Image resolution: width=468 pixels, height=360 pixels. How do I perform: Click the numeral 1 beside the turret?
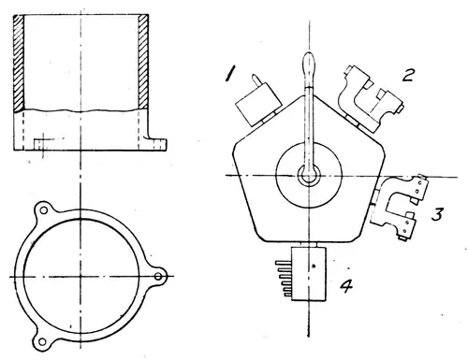pos(230,75)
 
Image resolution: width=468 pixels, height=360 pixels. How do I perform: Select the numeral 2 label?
pos(408,75)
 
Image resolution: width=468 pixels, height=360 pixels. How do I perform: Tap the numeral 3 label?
pos(437,214)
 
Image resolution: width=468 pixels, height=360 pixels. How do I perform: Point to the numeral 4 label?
pos(346,285)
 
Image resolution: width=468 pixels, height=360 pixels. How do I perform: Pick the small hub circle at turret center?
pos(309,176)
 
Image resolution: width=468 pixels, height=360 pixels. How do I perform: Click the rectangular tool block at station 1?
pos(258,104)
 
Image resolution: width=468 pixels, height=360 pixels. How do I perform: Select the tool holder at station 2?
pos(371,98)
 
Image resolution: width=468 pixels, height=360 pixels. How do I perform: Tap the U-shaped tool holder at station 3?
pos(399,207)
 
